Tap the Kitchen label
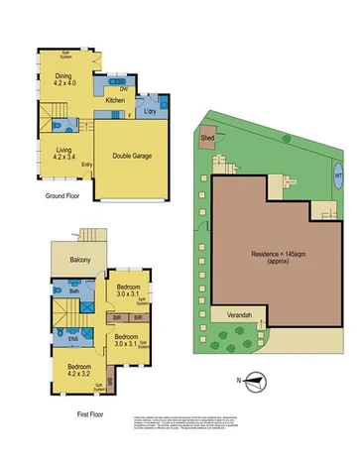point(115,100)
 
